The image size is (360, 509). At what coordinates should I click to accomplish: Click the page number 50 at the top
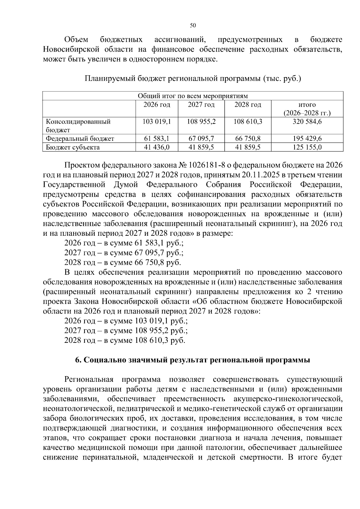click(193, 25)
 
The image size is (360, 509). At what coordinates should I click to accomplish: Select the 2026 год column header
click(157, 105)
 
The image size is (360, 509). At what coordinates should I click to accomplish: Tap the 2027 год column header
click(201, 105)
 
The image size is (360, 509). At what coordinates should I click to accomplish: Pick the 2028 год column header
click(248, 105)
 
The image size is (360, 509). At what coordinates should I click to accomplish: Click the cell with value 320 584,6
click(307, 122)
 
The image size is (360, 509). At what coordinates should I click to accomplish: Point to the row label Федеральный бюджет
click(80, 139)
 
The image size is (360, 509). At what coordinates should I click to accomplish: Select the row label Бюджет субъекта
click(73, 147)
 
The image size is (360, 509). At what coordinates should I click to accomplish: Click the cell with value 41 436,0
click(157, 147)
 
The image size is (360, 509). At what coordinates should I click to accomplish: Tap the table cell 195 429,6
click(307, 139)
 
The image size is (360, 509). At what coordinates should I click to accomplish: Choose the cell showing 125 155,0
click(307, 147)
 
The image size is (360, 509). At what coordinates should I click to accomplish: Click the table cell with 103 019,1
click(157, 122)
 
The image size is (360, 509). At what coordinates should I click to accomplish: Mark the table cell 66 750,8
click(248, 139)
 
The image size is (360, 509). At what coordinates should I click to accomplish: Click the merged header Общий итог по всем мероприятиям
click(193, 96)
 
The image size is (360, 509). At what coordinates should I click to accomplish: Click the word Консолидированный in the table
click(78, 122)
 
